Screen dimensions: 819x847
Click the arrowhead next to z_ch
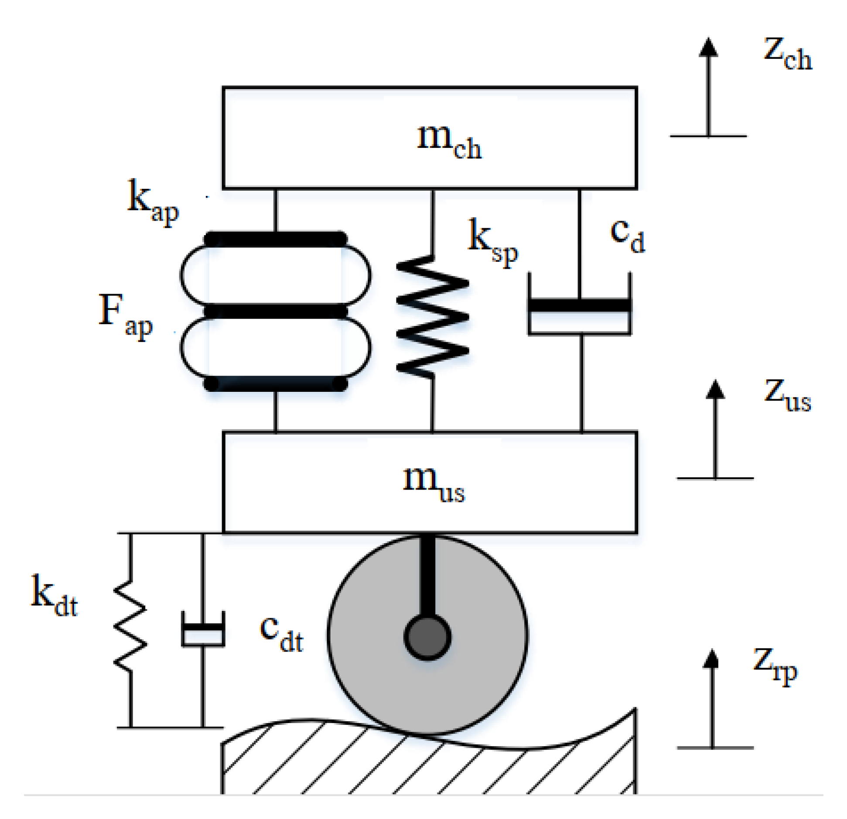[707, 47]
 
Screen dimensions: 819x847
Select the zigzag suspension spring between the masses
[432, 316]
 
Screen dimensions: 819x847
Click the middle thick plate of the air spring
[275, 311]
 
